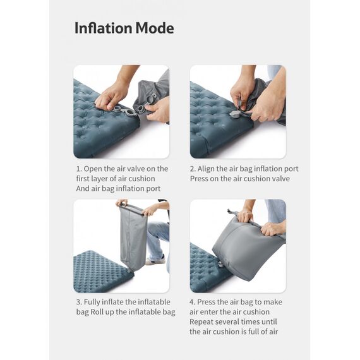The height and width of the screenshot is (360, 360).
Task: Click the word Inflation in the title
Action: (104, 28)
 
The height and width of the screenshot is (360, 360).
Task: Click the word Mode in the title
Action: (155, 28)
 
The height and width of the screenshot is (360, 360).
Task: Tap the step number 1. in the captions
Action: (79, 169)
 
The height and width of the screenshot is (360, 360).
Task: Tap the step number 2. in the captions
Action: (193, 169)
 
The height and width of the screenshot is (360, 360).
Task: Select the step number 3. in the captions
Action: (79, 302)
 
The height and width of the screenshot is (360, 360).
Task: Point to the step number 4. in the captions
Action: (192, 302)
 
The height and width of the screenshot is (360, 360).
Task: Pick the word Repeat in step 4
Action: (201, 322)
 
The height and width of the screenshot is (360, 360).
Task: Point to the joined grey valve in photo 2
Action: (236, 114)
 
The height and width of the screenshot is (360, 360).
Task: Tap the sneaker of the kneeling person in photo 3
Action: (155, 260)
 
